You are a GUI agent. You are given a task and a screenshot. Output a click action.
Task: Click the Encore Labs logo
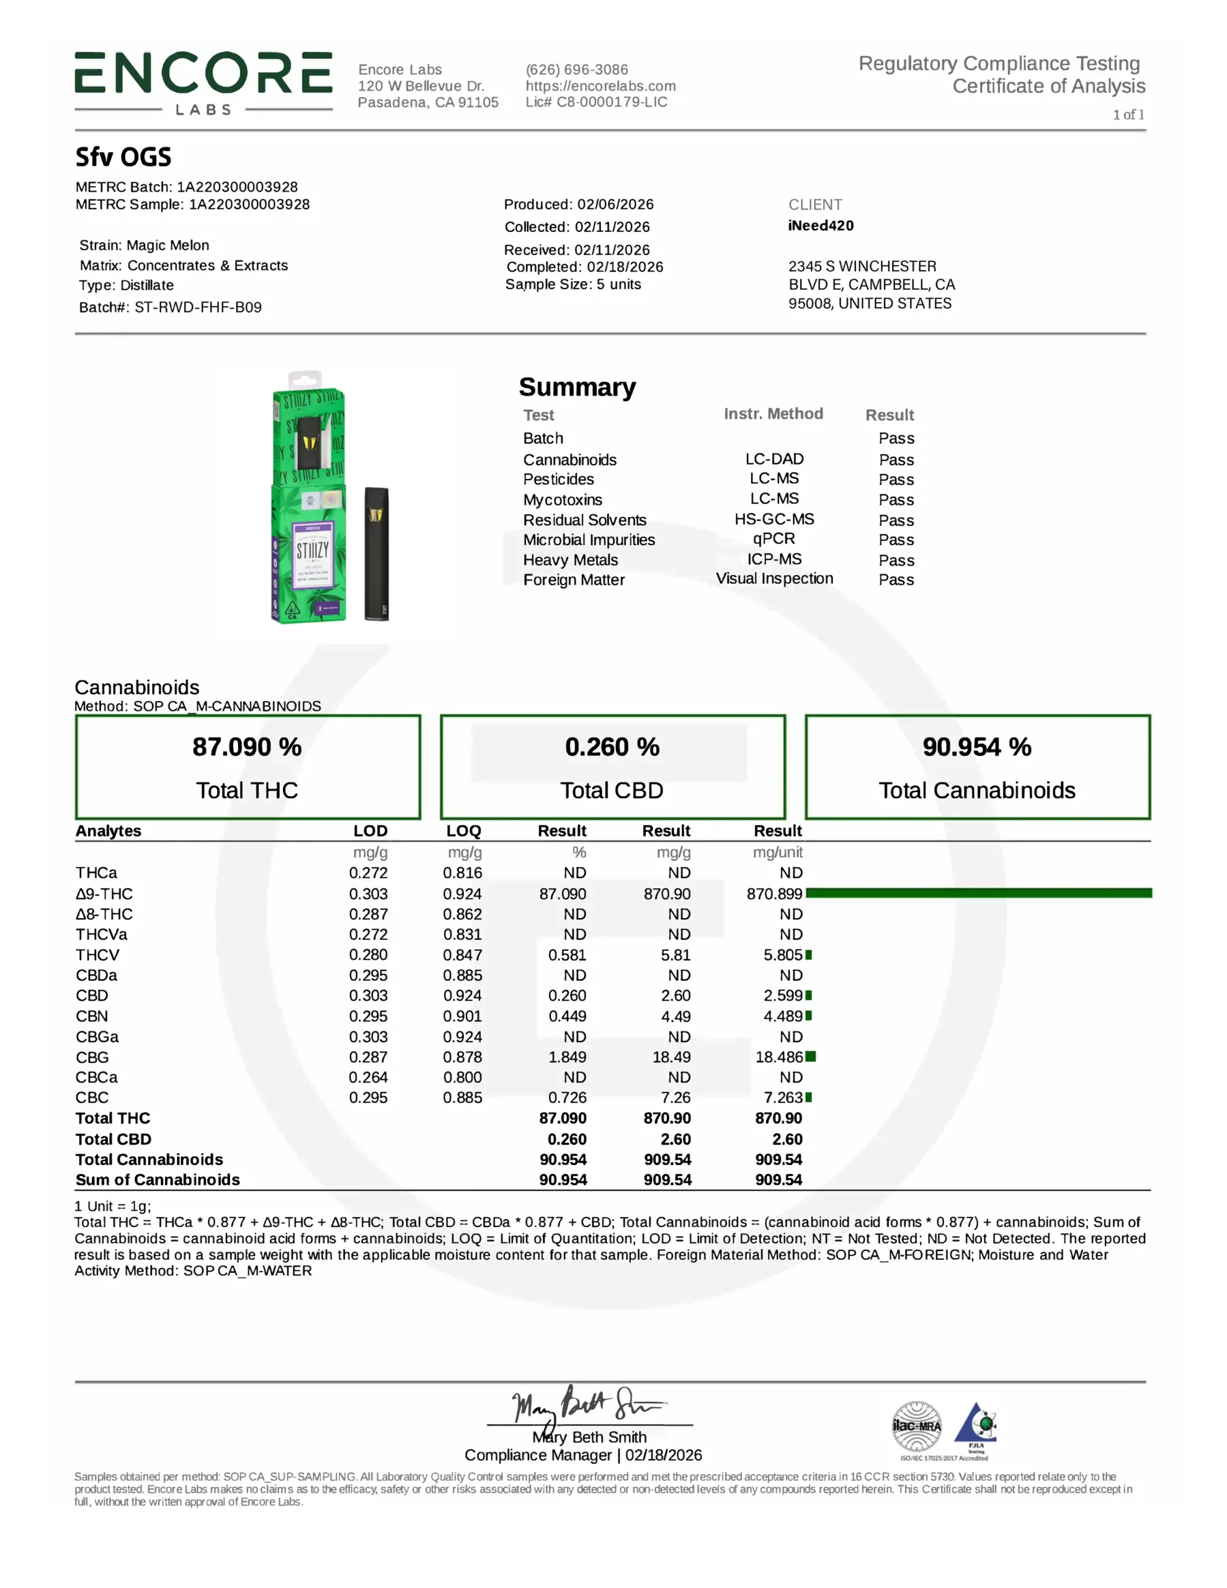(x=203, y=81)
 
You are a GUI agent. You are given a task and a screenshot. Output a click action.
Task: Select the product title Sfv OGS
(x=123, y=157)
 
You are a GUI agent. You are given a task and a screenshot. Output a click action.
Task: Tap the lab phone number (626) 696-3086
(x=577, y=70)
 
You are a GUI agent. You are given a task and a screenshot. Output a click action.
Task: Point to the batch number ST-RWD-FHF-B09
(x=198, y=307)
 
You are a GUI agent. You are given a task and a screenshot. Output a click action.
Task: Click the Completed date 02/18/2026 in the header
(x=625, y=267)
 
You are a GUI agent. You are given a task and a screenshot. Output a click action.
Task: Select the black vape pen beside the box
(x=376, y=553)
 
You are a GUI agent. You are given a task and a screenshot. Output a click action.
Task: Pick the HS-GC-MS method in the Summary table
(x=774, y=519)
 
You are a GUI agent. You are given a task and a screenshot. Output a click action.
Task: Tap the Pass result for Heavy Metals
(x=896, y=560)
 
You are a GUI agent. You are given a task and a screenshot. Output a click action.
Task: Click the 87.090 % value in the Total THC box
(x=248, y=747)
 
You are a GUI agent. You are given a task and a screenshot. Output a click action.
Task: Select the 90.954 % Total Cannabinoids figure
(x=977, y=747)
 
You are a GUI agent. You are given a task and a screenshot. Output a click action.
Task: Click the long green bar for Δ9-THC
(x=978, y=893)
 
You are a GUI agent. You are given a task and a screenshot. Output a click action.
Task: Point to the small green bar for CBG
(x=810, y=1056)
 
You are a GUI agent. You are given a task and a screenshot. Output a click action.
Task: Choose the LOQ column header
(x=463, y=831)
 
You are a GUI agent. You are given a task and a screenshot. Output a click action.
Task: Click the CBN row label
(x=92, y=1016)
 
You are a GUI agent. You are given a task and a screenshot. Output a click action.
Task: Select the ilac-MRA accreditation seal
(x=916, y=1427)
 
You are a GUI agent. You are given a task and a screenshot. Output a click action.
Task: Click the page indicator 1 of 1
(x=1128, y=114)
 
